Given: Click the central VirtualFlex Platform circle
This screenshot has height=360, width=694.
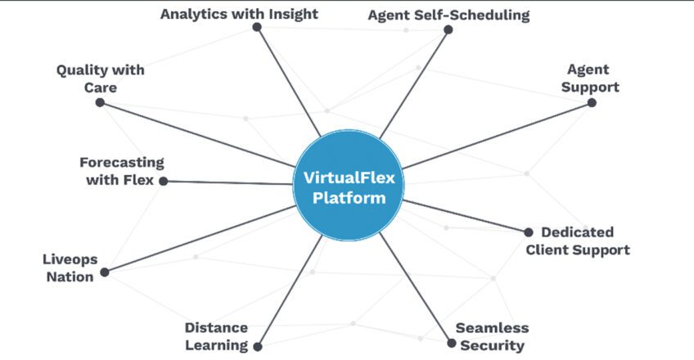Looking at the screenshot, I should tap(349, 187).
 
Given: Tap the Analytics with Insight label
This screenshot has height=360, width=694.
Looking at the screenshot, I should tap(239, 13).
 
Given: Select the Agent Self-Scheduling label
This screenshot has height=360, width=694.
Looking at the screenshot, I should tap(448, 15).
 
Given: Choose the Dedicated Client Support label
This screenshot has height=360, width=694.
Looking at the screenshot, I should tap(578, 241).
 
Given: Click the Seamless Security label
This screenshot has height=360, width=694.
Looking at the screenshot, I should tap(492, 336).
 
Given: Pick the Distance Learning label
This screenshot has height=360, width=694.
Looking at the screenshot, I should tap(216, 336).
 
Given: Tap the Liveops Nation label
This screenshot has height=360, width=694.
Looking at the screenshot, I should tap(70, 268).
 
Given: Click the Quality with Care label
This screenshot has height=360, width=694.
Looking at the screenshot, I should tap(100, 78).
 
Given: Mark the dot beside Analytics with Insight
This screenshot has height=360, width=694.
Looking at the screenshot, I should tap(257, 27).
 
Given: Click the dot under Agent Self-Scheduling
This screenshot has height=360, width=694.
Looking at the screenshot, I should tap(448, 29).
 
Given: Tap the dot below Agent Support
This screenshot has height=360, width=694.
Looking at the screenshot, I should tap(592, 103).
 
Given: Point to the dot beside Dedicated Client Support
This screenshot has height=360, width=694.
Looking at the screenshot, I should tap(529, 232).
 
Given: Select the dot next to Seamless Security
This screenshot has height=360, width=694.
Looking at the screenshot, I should tap(451, 343).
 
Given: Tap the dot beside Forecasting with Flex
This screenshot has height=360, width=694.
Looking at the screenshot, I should tap(163, 181).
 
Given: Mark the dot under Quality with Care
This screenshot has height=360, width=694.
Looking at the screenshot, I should tap(100, 102).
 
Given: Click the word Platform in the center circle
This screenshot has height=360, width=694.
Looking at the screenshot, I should tap(349, 198).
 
